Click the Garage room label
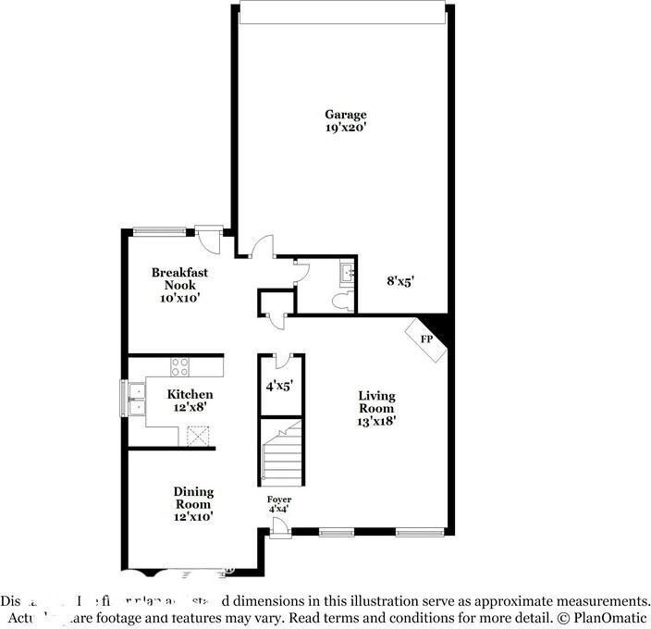point(345,115)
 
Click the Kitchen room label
point(190,395)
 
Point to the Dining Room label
point(194,499)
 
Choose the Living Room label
point(376,402)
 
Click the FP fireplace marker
point(427,339)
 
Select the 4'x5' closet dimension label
point(278,387)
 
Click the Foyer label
point(279,499)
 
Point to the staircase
point(279,452)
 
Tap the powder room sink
point(347,272)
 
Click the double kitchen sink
point(135,398)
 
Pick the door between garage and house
point(264,247)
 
